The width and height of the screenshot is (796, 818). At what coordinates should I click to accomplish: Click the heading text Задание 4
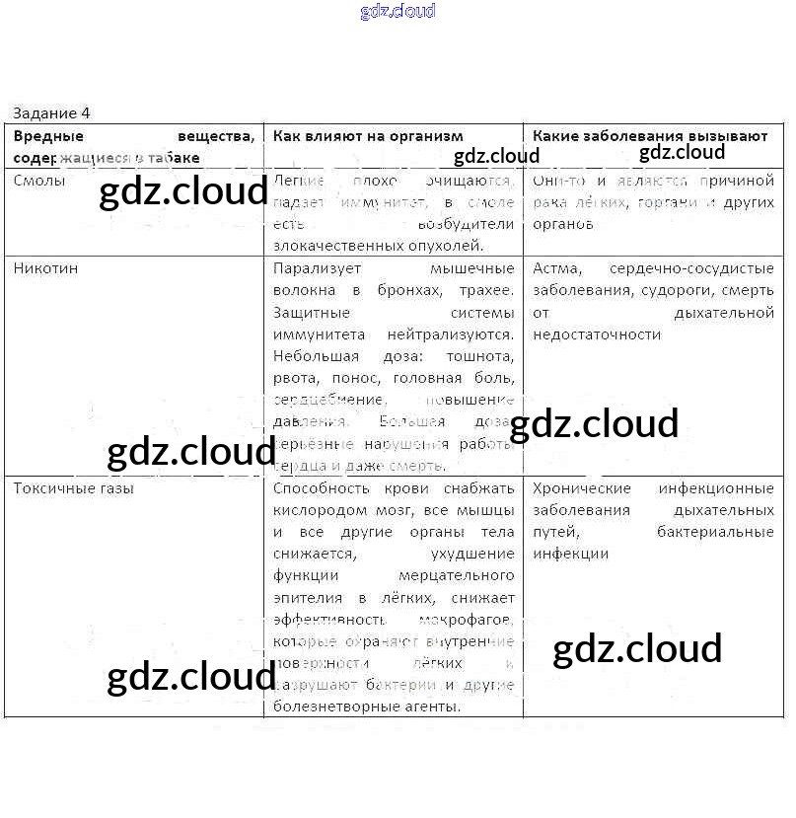click(51, 113)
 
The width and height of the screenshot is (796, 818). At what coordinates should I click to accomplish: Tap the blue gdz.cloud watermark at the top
click(398, 12)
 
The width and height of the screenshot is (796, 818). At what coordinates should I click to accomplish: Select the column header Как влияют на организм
click(368, 136)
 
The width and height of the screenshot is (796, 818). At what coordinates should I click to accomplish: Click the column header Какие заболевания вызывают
click(650, 136)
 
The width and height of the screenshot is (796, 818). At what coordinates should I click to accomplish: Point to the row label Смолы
click(39, 181)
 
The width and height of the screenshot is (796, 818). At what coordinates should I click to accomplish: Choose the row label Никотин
click(45, 268)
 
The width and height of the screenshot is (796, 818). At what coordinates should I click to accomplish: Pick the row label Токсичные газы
click(74, 487)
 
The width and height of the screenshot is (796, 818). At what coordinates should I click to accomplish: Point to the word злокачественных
click(329, 246)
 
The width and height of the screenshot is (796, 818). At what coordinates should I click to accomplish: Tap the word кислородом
click(315, 510)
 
